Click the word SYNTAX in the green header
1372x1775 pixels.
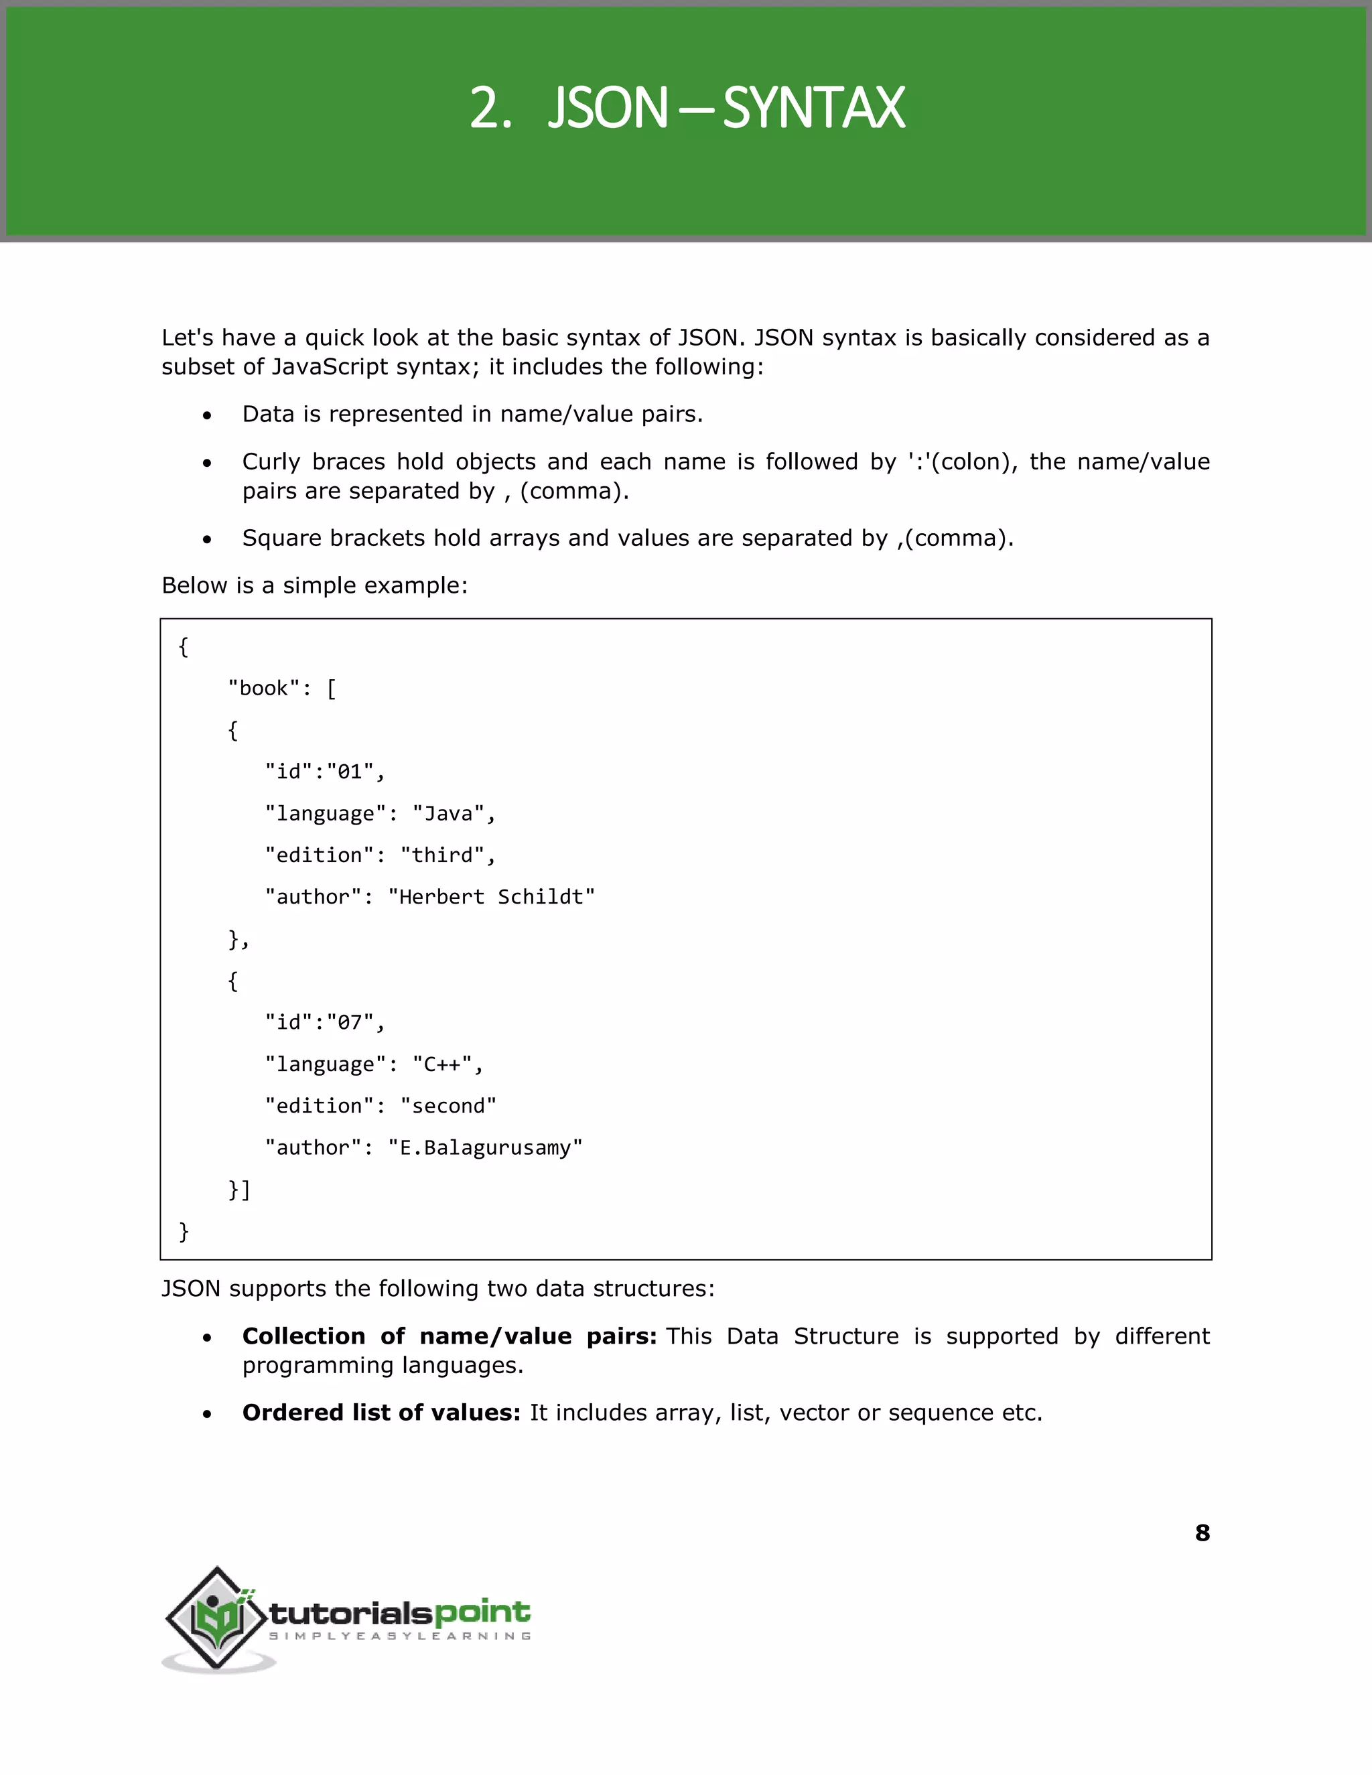[x=813, y=109]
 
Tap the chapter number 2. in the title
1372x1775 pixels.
[x=491, y=109]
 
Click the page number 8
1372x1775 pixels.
[x=1202, y=1533]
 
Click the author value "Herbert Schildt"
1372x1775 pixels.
[x=492, y=898]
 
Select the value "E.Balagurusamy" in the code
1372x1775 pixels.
[x=485, y=1147]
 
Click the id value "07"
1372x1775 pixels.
[x=350, y=1021]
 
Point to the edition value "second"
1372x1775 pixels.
[x=449, y=1106]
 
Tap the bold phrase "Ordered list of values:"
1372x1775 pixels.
[x=381, y=1413]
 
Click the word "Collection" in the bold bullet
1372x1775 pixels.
[x=304, y=1336]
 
